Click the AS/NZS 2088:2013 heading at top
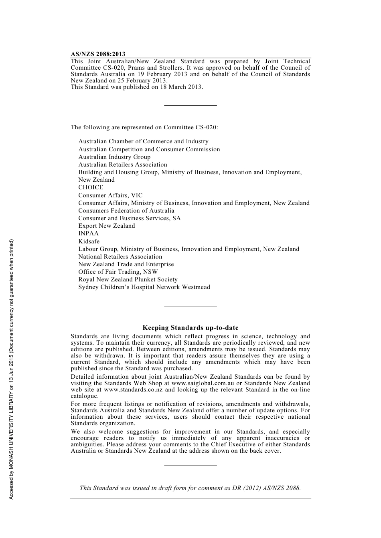click(98, 54)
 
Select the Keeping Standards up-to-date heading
click(190, 328)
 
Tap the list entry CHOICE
click(91, 187)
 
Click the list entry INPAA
click(88, 233)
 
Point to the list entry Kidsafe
click(89, 241)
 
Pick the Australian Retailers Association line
click(123, 165)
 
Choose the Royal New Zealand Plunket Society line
click(128, 279)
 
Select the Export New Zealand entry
click(107, 226)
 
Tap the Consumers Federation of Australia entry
click(126, 211)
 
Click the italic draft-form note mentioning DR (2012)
click(190, 488)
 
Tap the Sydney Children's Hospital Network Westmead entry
click(144, 287)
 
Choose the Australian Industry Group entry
click(114, 157)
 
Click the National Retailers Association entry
click(120, 257)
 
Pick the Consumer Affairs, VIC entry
click(110, 195)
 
